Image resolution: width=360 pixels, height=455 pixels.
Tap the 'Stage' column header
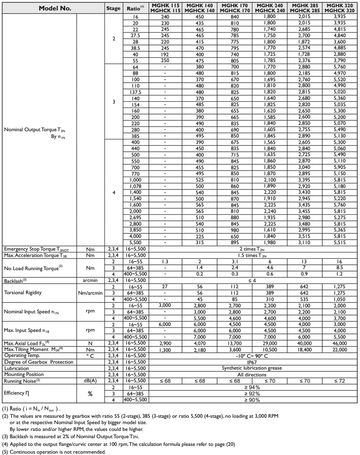pos(113,8)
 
